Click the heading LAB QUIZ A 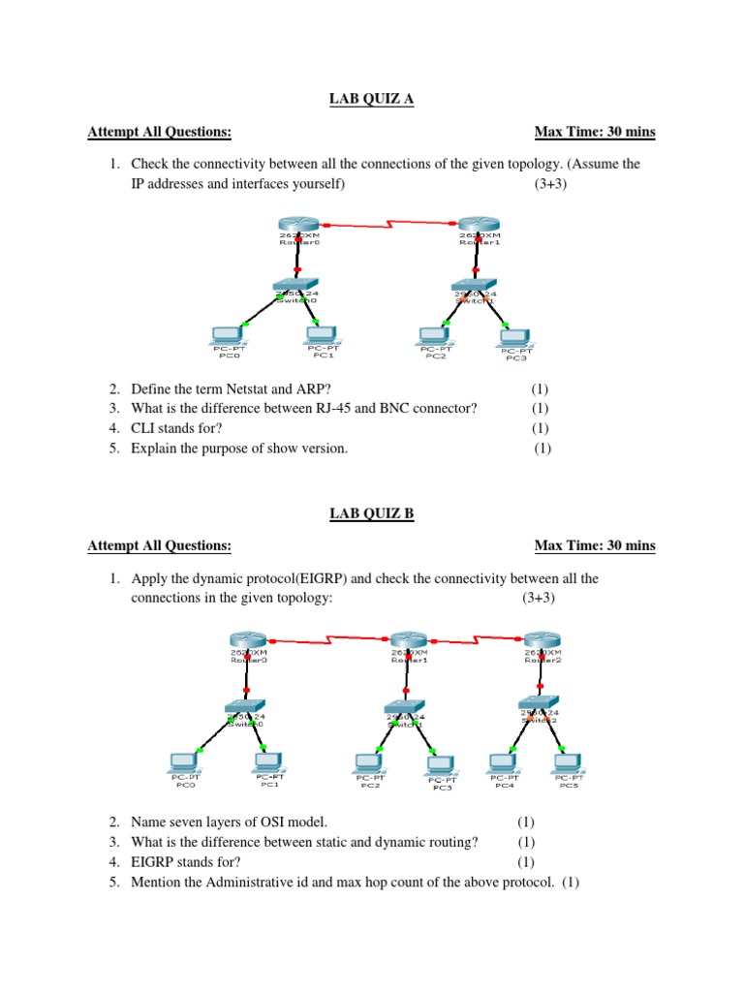[371, 99]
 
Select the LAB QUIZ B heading [371, 514]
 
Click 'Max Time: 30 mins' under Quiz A [594, 133]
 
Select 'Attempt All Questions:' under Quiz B [159, 546]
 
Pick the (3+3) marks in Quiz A [549, 183]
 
